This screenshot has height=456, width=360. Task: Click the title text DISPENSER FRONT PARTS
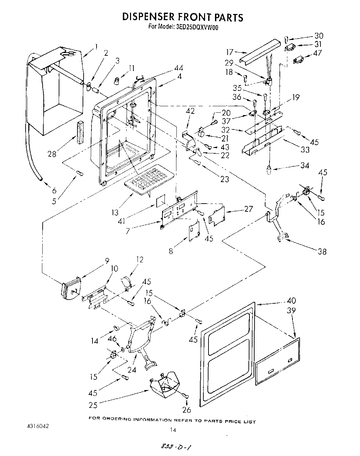pyautogui.click(x=183, y=17)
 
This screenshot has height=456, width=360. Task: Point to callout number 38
pyautogui.click(x=322, y=252)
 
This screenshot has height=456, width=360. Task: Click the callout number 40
pyautogui.click(x=291, y=301)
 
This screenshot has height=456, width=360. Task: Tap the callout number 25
pyautogui.click(x=93, y=405)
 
